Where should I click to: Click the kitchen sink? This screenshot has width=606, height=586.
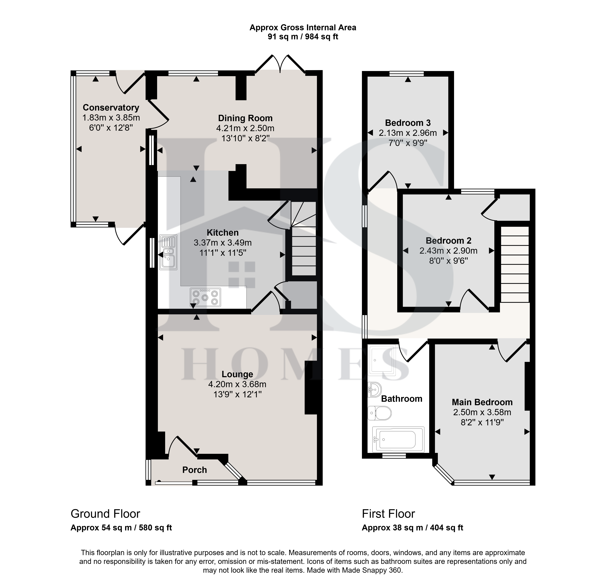click(x=168, y=252)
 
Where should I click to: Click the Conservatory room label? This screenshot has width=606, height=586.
click(x=111, y=108)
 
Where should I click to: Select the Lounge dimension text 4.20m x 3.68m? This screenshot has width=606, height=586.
click(x=237, y=384)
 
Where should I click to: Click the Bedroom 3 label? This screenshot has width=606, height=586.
click(x=408, y=123)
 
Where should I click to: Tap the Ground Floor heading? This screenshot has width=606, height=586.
click(x=105, y=514)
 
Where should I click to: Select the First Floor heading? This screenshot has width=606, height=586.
click(x=388, y=514)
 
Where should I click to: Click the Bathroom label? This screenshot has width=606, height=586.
click(x=402, y=399)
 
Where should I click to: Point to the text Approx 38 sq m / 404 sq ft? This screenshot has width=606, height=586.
click(x=412, y=528)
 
